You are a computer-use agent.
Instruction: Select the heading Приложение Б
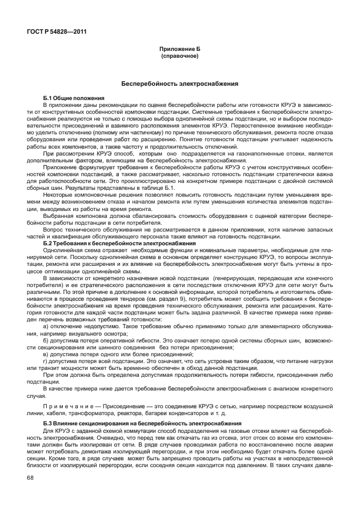click(x=179, y=50)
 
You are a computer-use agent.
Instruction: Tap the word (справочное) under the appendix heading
click(x=179, y=56)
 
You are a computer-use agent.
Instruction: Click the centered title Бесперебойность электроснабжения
click(x=179, y=83)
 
